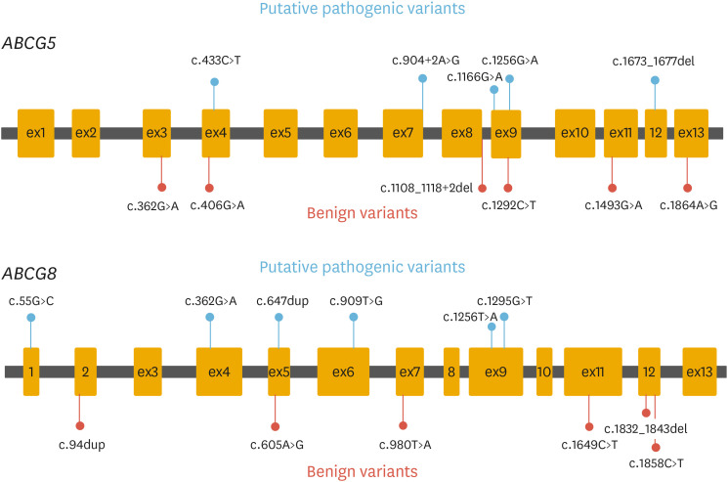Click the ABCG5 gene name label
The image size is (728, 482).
coord(29,47)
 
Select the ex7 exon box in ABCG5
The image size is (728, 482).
coord(403,132)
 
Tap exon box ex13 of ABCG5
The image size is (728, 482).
coord(690,132)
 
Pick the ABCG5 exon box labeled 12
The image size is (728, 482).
coord(656,132)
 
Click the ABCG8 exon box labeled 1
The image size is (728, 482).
coord(31,372)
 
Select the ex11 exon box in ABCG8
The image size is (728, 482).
coord(593,372)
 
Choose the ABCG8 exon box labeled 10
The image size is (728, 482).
coord(544,372)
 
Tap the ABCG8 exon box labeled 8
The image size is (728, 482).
coord(451,372)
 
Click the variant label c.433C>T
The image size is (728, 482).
coord(215,61)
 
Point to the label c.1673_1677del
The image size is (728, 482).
coord(654,61)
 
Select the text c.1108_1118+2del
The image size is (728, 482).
coord(428,187)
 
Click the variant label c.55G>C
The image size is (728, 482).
coord(31,301)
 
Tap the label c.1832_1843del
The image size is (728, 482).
coord(645,428)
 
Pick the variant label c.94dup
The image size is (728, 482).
coord(81,445)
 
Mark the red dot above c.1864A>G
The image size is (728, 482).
coord(688,187)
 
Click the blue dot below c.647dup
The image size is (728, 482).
coord(279,318)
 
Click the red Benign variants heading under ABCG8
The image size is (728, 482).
coord(362,472)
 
